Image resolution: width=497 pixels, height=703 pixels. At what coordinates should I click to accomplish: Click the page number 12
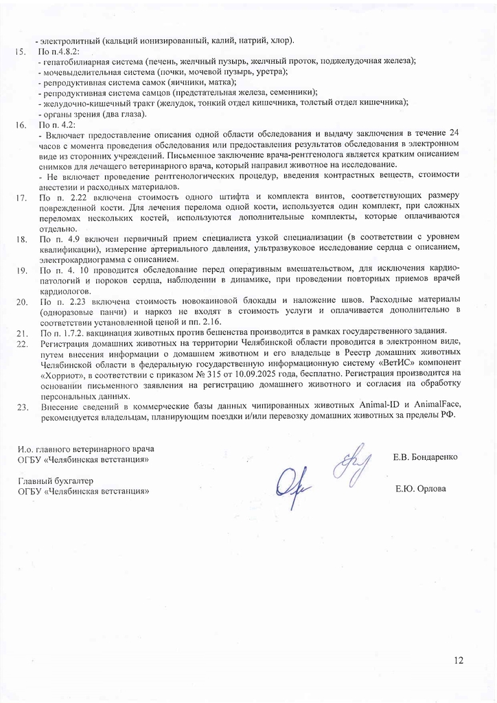(459, 660)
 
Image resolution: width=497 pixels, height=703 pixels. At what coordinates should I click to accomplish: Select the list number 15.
(21, 51)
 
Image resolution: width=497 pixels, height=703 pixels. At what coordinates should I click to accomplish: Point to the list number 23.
(21, 407)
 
